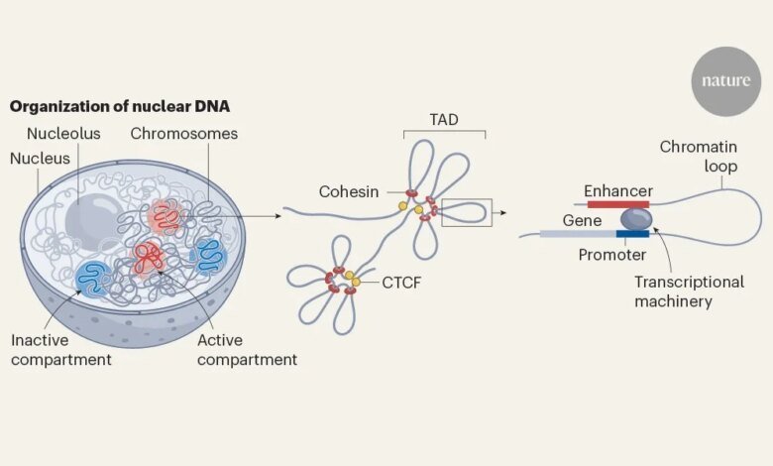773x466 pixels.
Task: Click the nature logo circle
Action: [x=725, y=81]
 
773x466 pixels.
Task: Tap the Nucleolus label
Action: [x=64, y=133]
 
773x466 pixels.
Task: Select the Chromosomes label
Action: [x=184, y=133]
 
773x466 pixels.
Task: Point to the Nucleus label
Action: [x=41, y=158]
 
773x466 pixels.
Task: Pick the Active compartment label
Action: [x=247, y=349]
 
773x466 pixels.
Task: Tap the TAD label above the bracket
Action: [x=443, y=119]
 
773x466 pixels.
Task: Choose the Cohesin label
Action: [x=347, y=190]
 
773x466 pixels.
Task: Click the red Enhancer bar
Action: [x=617, y=204]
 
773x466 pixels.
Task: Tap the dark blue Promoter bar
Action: [x=632, y=234]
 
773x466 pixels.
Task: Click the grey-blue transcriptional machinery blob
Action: [x=635, y=219]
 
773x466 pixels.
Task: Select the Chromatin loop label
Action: [x=699, y=157]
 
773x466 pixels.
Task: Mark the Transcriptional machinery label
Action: [x=689, y=291]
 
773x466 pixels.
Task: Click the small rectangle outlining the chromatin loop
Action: [x=466, y=212]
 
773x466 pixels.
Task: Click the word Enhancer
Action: [x=617, y=189]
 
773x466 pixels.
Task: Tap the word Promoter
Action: [x=612, y=255]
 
